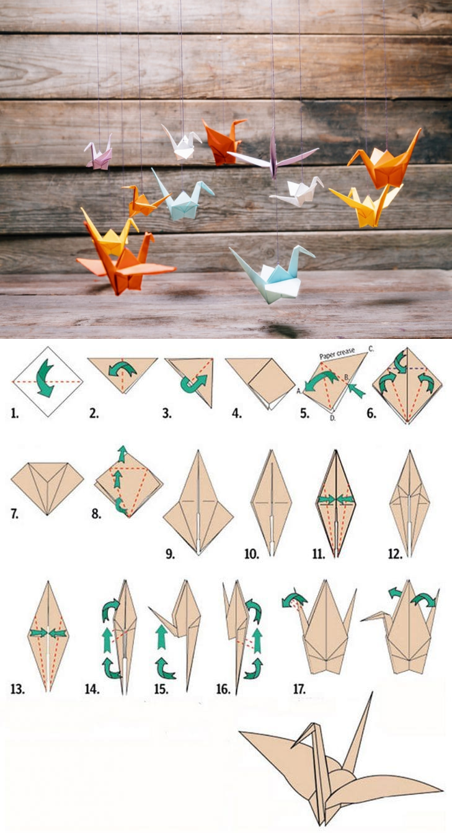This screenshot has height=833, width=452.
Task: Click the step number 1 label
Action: point(14,413)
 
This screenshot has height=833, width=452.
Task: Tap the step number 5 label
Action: point(304,413)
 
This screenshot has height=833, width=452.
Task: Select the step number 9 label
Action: point(170,554)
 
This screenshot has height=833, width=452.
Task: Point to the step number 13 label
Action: point(17,689)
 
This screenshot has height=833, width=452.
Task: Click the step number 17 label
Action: point(299,689)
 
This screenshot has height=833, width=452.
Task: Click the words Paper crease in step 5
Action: point(337,353)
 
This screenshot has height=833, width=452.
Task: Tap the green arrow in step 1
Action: point(45,378)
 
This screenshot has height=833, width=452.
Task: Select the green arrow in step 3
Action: point(193,384)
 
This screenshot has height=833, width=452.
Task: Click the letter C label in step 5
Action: point(371,348)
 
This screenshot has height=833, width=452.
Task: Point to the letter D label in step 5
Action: point(333,418)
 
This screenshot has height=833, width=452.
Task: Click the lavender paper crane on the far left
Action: point(99,155)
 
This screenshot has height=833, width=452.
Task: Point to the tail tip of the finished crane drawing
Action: point(371,693)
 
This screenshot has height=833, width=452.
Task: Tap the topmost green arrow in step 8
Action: point(122,453)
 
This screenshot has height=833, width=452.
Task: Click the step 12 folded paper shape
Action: point(410,503)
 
